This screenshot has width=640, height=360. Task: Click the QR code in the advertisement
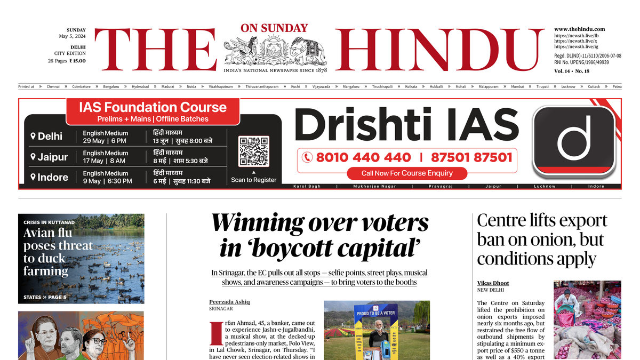point(254,151)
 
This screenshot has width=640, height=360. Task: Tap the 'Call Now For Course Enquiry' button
point(406,173)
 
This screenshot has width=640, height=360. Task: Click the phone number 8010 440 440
point(363,157)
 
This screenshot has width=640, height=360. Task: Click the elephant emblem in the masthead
point(307,51)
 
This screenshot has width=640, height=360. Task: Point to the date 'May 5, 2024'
point(72,36)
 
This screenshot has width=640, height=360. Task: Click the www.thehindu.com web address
point(579,29)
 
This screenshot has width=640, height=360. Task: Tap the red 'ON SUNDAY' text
point(274,28)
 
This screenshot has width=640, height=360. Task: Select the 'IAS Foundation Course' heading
point(153,107)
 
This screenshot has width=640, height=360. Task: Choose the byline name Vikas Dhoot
point(493,283)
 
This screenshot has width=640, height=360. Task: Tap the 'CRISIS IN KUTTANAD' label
point(49,222)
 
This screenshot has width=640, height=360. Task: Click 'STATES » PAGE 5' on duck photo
point(45,297)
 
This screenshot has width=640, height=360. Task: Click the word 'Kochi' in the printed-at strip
point(295,86)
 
